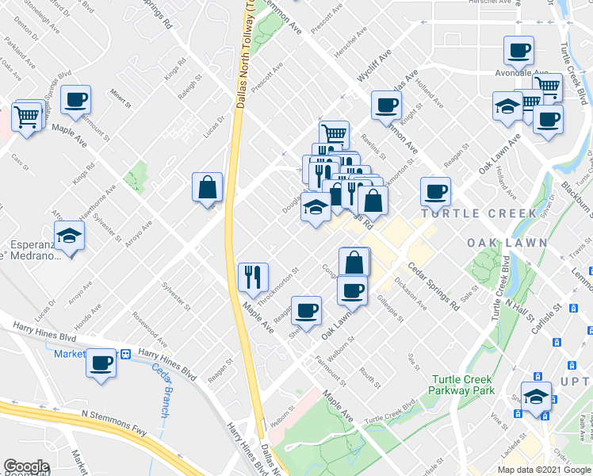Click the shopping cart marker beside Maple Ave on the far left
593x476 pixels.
[28, 117]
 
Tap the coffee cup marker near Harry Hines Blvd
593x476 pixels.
[101, 363]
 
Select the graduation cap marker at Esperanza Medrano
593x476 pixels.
[70, 236]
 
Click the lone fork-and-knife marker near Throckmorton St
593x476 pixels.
[253, 278]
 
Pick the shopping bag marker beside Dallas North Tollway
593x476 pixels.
[207, 188]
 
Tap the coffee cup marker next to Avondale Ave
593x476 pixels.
[518, 52]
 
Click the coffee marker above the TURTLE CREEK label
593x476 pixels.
[435, 191]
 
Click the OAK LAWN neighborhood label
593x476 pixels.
[498, 242]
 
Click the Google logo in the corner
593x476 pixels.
[25, 467]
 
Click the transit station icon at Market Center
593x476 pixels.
[125, 353]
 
